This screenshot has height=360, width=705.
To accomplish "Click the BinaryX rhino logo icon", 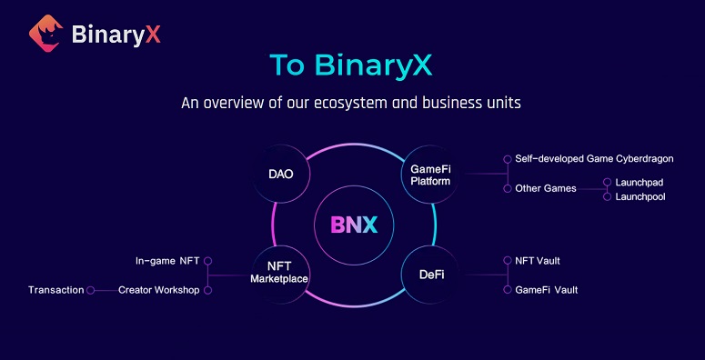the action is point(45,34).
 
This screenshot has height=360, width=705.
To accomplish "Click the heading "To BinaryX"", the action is point(351,65).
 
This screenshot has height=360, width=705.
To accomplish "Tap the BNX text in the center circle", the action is point(354,225).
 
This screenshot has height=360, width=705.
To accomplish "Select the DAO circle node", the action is point(281,175).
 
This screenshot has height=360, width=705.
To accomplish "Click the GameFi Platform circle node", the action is point(430,175).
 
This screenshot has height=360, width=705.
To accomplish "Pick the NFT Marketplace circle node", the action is point(279,274).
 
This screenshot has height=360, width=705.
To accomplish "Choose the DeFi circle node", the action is point(431,275).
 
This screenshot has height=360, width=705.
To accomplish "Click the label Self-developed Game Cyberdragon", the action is point(594,159).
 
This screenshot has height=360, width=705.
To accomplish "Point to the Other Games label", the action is point(546,189).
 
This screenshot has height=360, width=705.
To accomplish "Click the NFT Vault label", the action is point(538,260).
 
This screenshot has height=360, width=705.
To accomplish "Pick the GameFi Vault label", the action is point(547,290).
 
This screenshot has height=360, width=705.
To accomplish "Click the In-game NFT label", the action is point(167,261).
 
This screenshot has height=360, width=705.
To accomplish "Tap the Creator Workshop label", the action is point(158,290).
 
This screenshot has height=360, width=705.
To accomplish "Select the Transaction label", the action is point(56,290).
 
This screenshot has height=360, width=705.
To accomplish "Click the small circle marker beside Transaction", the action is point(90,290).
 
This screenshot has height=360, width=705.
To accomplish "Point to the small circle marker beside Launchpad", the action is point(608,182).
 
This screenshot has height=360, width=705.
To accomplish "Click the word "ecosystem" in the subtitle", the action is point(343,103).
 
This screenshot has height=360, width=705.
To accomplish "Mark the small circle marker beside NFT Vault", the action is point(508,260).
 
